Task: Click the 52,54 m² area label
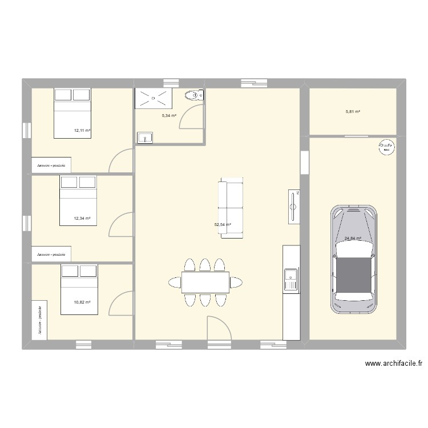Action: [x=223, y=225]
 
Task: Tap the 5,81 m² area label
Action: [x=353, y=112]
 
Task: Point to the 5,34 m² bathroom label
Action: [x=169, y=116]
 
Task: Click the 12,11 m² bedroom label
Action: [x=82, y=130]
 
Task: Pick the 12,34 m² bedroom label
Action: [x=82, y=219]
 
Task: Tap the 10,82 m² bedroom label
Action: [x=82, y=302]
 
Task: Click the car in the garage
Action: [x=354, y=260]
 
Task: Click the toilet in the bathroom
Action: [x=194, y=95]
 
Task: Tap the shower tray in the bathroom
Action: [x=153, y=98]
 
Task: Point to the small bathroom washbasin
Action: [x=144, y=138]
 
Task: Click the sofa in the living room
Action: [x=232, y=208]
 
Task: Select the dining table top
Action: [x=205, y=282]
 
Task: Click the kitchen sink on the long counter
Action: [x=290, y=279]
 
